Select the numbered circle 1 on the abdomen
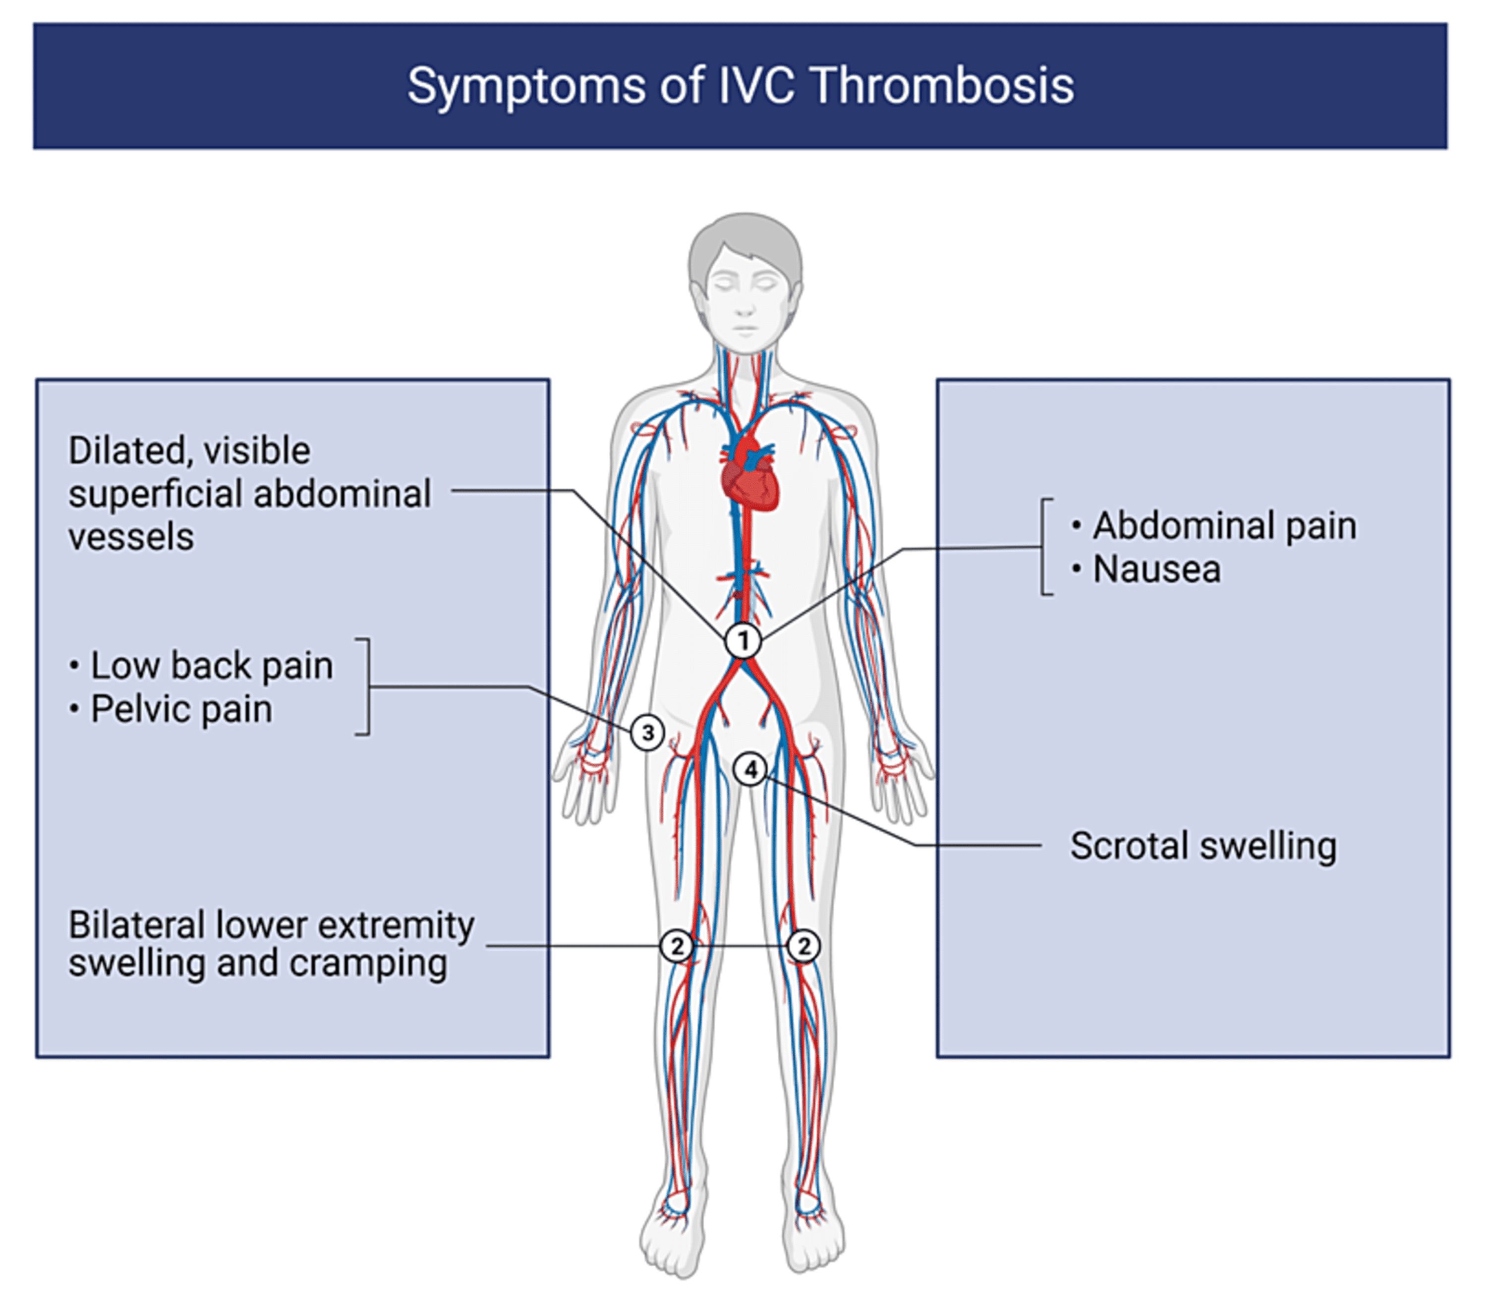[743, 641]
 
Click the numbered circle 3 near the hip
[647, 733]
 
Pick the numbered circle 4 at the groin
[750, 769]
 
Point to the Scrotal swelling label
[1202, 846]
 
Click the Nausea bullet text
[1157, 569]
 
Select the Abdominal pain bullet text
[1224, 526]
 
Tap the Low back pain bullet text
[211, 666]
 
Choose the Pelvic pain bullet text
[181, 709]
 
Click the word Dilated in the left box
[125, 451]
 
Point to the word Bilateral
[135, 926]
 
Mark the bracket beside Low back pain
[366, 686]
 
